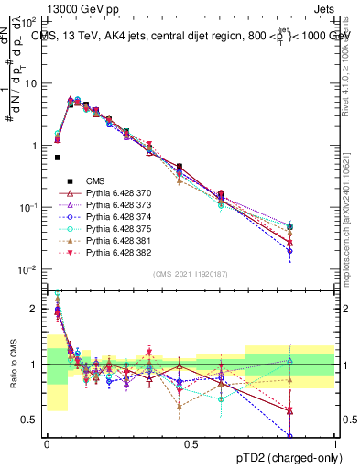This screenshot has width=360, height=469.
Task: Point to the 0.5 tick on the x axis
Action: (191, 444)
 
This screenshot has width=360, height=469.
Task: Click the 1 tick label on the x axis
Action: (335, 444)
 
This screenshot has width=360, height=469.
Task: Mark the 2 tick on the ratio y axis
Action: (34, 309)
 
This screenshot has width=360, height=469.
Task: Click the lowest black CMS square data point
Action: (58, 158)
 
